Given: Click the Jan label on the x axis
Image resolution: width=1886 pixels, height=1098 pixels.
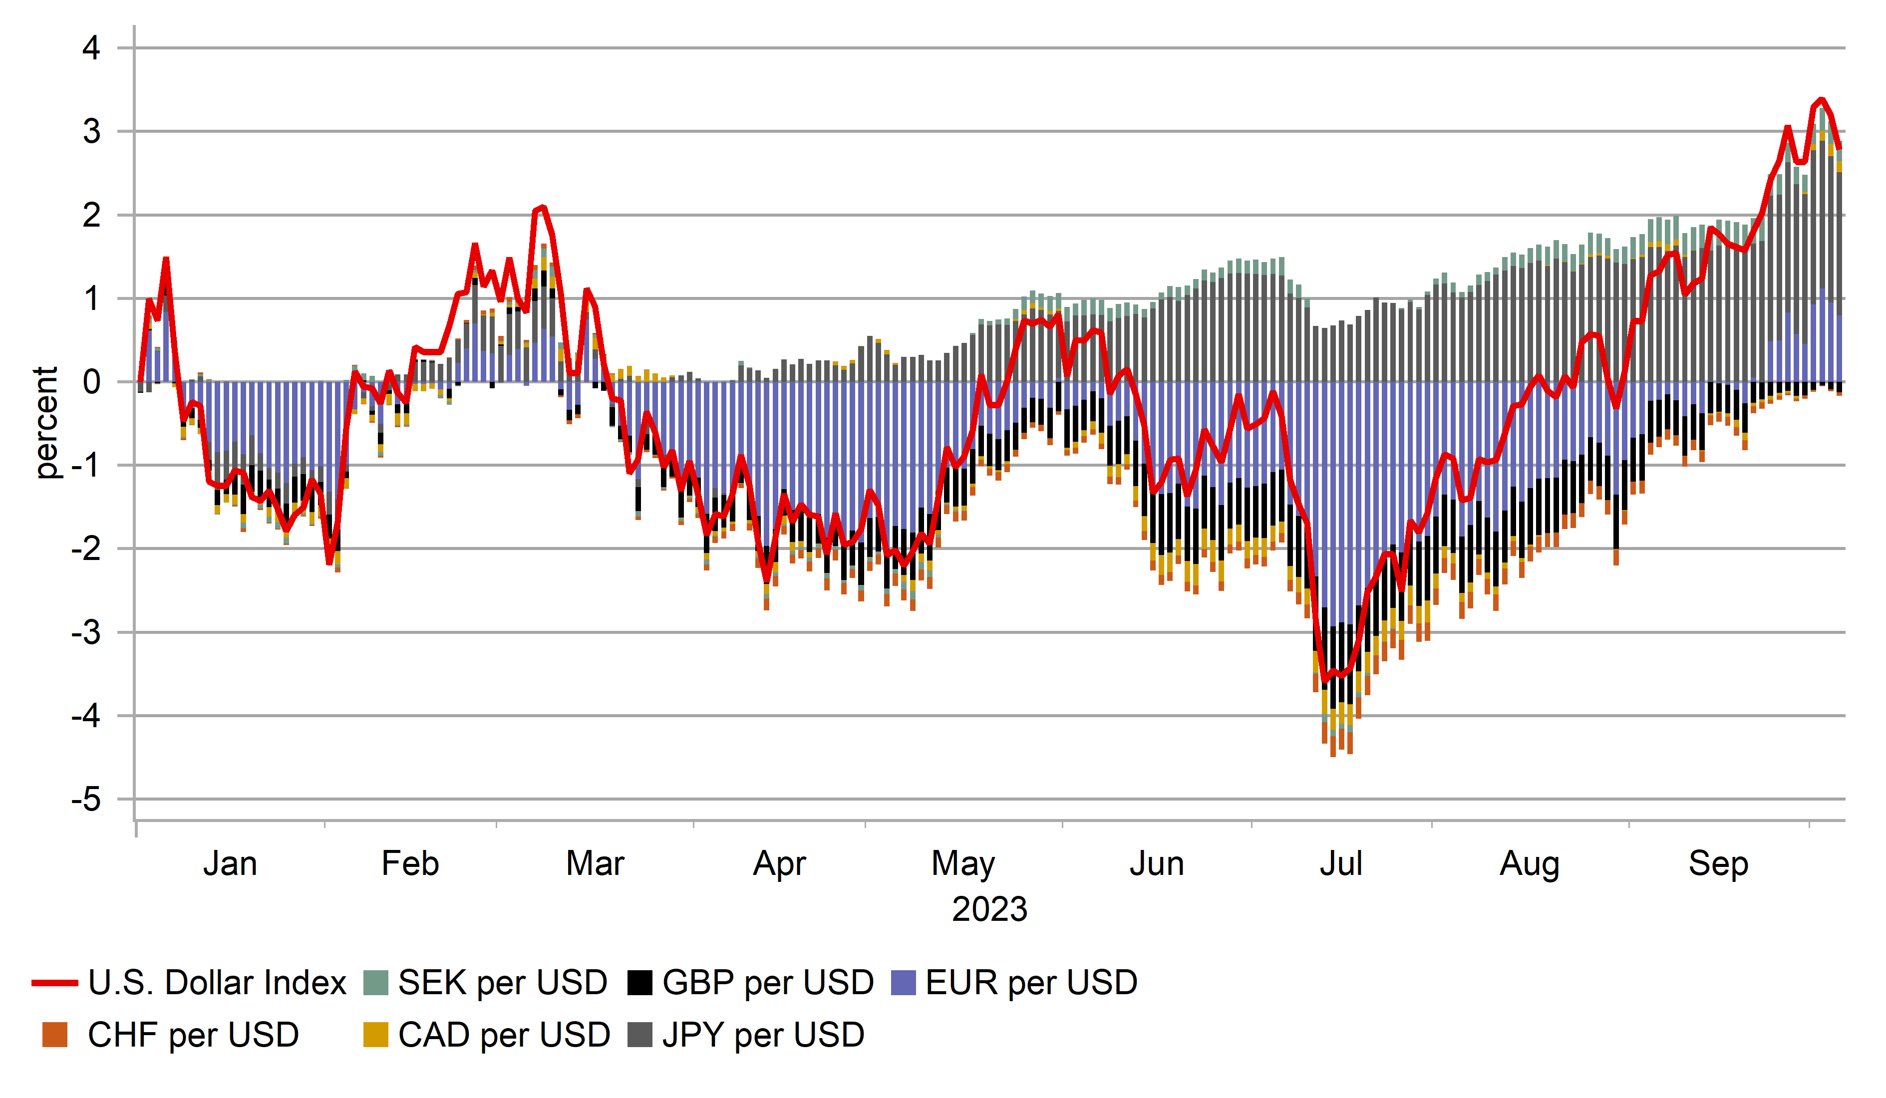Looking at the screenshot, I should pyautogui.click(x=230, y=864).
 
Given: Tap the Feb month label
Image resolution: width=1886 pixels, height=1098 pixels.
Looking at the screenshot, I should pyautogui.click(x=410, y=864).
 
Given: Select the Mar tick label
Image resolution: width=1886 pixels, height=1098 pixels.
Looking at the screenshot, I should pyautogui.click(x=595, y=864).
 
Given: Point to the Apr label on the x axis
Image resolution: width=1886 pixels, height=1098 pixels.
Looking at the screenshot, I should pyautogui.click(x=779, y=864).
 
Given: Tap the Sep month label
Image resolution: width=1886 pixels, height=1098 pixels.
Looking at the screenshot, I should pyautogui.click(x=1718, y=864).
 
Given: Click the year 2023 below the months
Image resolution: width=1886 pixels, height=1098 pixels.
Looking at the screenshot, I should pyautogui.click(x=989, y=909).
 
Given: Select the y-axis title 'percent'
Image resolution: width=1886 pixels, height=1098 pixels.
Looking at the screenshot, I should pyautogui.click(x=46, y=422).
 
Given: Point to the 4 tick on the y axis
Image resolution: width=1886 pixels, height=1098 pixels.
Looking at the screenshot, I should pyautogui.click(x=91, y=48).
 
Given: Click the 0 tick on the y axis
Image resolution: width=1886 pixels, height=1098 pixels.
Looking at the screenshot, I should pyautogui.click(x=91, y=382).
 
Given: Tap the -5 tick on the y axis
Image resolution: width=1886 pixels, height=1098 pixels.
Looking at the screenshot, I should pyautogui.click(x=86, y=800).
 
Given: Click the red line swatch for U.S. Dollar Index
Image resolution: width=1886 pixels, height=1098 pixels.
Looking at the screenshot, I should pyautogui.click(x=54, y=983).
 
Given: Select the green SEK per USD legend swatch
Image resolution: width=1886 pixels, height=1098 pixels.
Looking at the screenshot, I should pyautogui.click(x=376, y=983).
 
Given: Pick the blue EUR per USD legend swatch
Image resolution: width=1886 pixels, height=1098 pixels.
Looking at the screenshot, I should pyautogui.click(x=904, y=983).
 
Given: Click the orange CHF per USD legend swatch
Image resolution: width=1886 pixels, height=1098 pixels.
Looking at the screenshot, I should pyautogui.click(x=54, y=1035).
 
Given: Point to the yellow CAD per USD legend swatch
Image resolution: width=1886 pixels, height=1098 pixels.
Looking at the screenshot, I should pyautogui.click(x=376, y=1035).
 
